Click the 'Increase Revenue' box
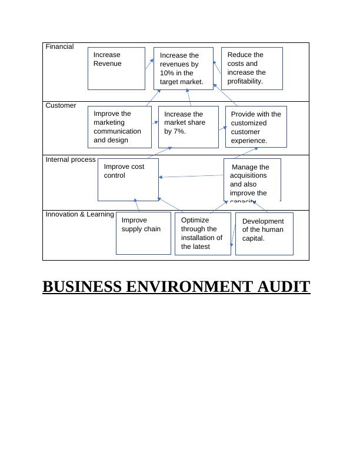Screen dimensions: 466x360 tap(116, 68)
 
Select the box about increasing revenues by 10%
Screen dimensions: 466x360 tap(183, 69)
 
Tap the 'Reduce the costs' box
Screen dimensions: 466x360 tap(251, 68)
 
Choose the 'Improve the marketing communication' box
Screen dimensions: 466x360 tap(119, 127)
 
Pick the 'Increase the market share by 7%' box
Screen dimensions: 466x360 tap(188, 127)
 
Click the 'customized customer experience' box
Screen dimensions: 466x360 tap(256, 127)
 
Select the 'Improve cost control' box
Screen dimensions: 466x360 tap(128, 179)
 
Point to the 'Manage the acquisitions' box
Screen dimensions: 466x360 tap(252, 180)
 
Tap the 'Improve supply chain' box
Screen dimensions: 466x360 tap(143, 233)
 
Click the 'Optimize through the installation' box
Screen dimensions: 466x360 tap(202, 233)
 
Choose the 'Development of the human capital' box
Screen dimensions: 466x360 tap(264, 233)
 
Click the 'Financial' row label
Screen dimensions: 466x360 tap(59, 46)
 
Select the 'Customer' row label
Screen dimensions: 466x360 tap(61, 105)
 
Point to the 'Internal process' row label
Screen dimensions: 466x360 tap(71, 159)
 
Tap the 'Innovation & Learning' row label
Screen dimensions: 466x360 tap(79, 214)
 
